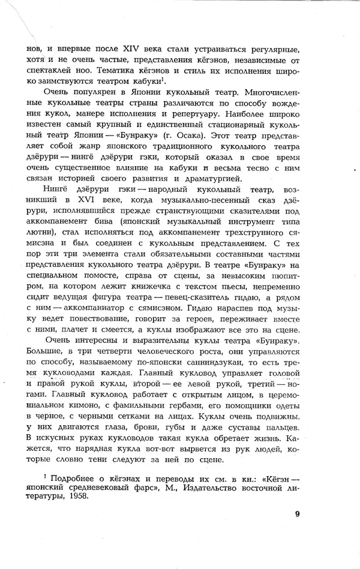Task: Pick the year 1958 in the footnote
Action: coord(85,488)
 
